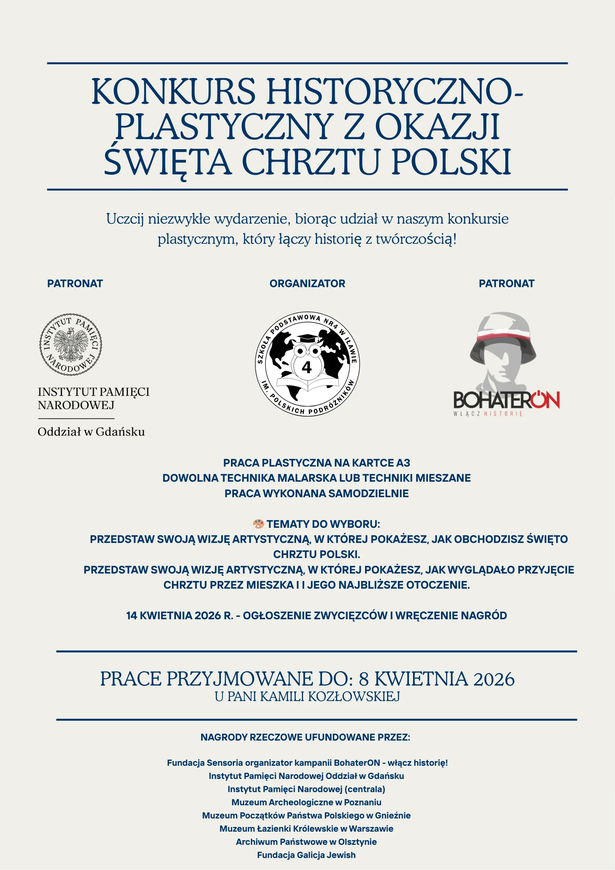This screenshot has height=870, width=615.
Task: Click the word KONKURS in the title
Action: pyautogui.click(x=173, y=92)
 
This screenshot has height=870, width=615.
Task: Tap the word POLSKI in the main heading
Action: pyautogui.click(x=451, y=162)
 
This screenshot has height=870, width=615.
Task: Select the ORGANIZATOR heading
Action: pyautogui.click(x=307, y=284)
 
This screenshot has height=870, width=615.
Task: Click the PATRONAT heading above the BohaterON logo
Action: pyautogui.click(x=506, y=284)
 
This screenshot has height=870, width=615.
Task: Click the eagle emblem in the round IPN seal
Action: pyautogui.click(x=71, y=344)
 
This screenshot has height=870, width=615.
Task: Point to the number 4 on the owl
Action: pyautogui.click(x=307, y=367)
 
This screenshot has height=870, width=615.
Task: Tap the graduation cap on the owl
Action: pyautogui.click(x=307, y=338)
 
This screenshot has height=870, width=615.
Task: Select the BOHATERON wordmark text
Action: pyautogui.click(x=506, y=400)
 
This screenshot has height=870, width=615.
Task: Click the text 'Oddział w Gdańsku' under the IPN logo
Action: pyautogui.click(x=91, y=432)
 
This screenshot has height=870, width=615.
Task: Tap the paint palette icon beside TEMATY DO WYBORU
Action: pyautogui.click(x=258, y=524)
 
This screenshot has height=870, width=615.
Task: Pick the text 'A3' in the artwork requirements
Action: pyautogui.click(x=403, y=463)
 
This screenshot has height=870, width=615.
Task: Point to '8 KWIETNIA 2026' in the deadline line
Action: pyautogui.click(x=436, y=679)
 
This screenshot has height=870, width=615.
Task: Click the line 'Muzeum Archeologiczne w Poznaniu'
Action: pyautogui.click(x=307, y=802)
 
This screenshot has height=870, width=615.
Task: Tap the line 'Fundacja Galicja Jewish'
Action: pyautogui.click(x=307, y=855)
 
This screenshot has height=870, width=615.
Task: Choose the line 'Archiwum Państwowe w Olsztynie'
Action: pyautogui.click(x=307, y=842)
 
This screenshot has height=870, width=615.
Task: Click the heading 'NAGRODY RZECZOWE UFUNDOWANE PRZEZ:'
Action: pyautogui.click(x=305, y=737)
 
